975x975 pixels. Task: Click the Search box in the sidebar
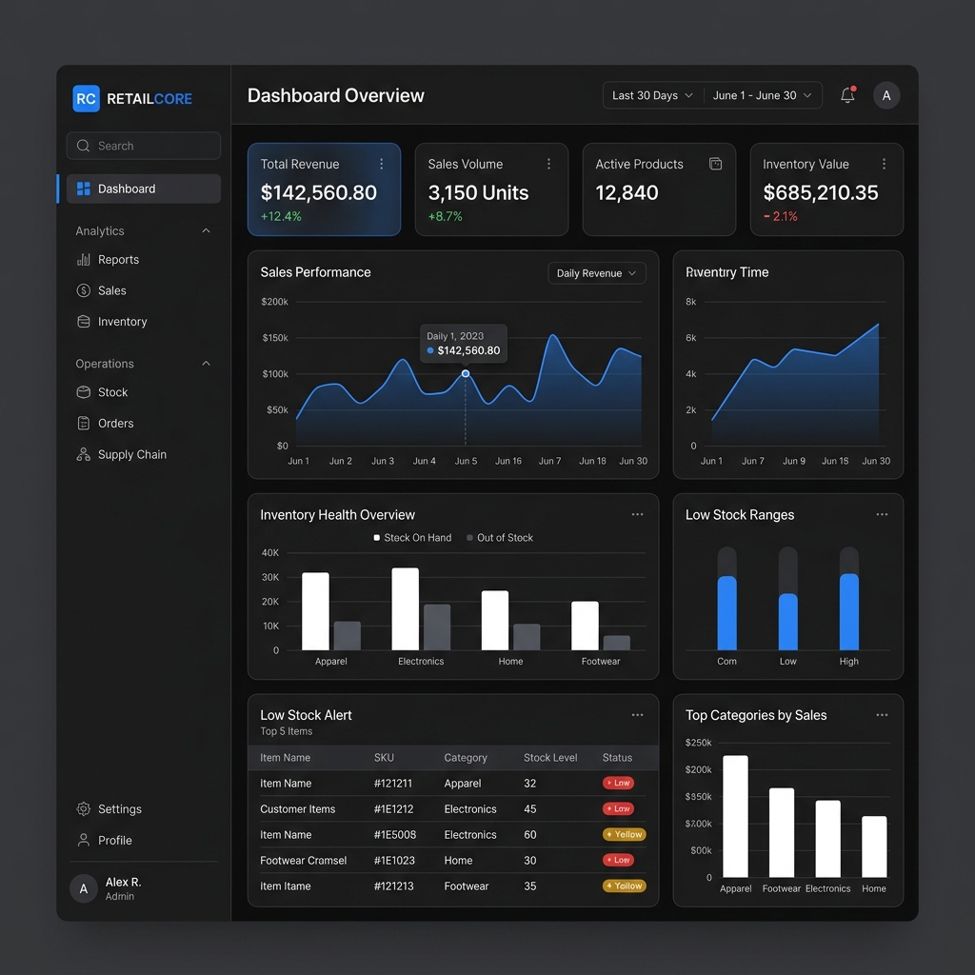(x=143, y=146)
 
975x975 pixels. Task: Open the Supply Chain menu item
(x=131, y=454)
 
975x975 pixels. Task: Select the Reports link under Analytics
(x=118, y=259)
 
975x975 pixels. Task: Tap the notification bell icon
(x=847, y=95)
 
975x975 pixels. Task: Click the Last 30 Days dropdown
(x=652, y=95)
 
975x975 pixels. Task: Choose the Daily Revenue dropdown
(x=596, y=273)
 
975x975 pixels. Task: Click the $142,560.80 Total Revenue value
(x=318, y=192)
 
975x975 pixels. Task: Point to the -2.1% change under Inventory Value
(x=781, y=216)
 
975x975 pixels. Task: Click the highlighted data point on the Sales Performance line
(x=466, y=373)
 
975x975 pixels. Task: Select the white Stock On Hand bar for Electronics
(x=405, y=609)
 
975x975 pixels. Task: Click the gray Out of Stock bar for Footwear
(x=617, y=643)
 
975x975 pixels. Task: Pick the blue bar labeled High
(x=848, y=612)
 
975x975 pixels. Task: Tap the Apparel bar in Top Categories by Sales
(x=735, y=816)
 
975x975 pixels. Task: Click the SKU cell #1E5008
(x=395, y=834)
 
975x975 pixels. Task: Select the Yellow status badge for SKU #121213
(x=625, y=885)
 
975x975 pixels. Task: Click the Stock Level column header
(x=550, y=758)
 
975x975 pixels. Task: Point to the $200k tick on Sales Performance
(x=274, y=302)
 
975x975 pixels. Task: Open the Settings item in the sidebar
(x=119, y=809)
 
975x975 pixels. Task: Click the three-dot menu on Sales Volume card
(x=548, y=164)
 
